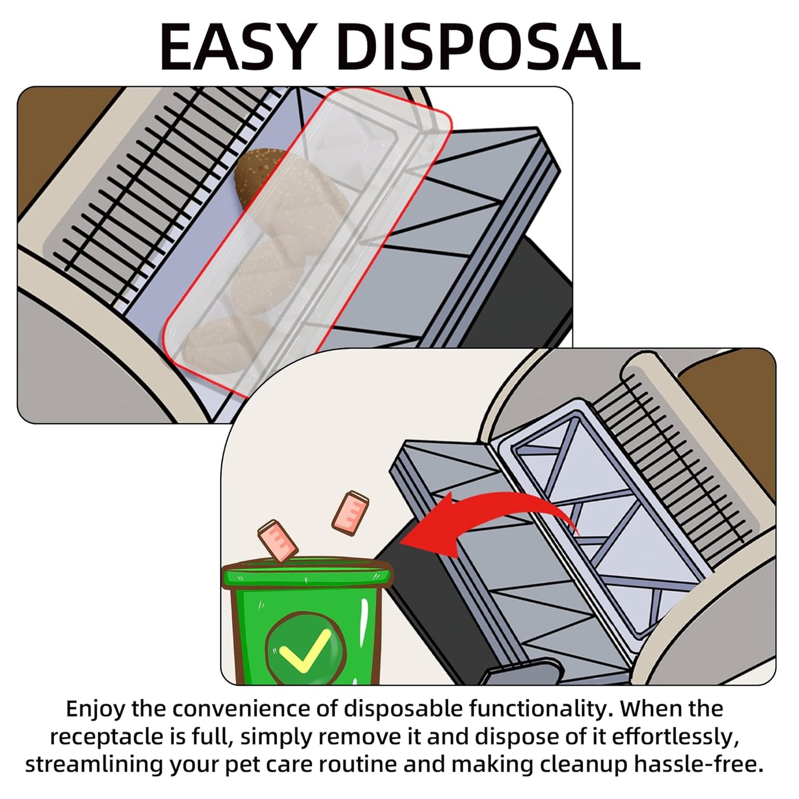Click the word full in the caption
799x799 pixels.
(211, 737)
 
